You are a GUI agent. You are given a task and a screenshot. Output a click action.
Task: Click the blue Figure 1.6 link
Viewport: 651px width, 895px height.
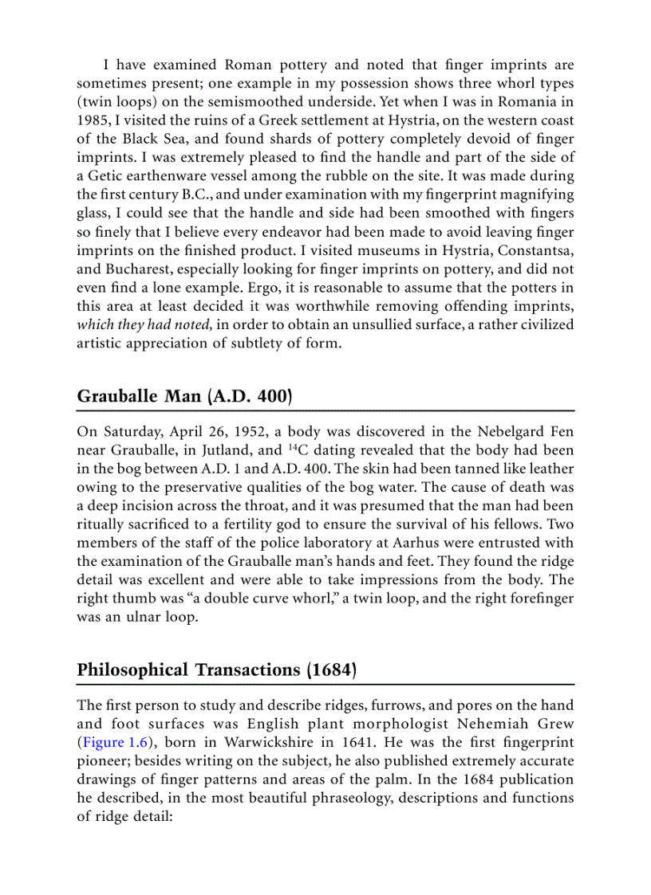tap(111, 742)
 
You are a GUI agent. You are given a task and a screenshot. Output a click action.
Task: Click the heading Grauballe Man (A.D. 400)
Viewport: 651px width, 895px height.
tap(184, 396)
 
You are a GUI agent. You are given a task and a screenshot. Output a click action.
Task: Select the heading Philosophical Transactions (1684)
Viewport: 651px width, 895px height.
tap(216, 670)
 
